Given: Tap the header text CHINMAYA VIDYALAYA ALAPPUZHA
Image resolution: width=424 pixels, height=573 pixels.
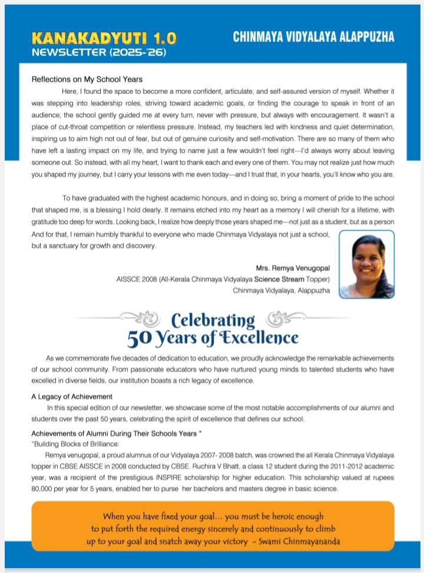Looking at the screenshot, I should (x=313, y=37).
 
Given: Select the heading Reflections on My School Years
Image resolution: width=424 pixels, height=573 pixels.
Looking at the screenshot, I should (x=87, y=79).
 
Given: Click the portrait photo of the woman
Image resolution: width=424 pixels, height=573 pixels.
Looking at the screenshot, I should (x=366, y=264).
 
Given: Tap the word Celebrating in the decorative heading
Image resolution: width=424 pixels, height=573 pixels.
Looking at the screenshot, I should (x=213, y=321).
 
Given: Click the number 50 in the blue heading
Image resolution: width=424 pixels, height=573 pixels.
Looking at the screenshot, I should (x=141, y=339).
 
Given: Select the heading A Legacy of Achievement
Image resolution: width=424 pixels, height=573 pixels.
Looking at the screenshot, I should (x=72, y=397).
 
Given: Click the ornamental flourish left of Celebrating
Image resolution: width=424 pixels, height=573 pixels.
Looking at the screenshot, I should (x=144, y=319).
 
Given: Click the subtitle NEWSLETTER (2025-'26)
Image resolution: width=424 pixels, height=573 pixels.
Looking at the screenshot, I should (x=99, y=52).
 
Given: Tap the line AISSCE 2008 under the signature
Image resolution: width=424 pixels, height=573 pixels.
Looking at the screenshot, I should (x=223, y=279).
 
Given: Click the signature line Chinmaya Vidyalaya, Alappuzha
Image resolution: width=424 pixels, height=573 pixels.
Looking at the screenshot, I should (x=281, y=290).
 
